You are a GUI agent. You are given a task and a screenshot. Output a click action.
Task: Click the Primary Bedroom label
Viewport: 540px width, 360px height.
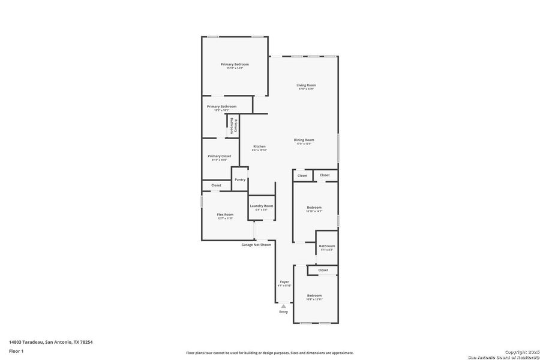[235, 64]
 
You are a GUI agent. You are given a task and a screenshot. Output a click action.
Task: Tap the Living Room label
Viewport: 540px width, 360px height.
[306, 85]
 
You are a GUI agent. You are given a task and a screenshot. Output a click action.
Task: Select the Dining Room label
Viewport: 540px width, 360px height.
[304, 140]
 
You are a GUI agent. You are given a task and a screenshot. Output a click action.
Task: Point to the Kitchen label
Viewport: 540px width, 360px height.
[259, 146]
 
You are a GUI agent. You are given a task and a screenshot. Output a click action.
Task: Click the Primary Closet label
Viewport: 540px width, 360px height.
[219, 156]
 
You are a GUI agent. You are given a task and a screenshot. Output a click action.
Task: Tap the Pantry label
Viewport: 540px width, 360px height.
[240, 179]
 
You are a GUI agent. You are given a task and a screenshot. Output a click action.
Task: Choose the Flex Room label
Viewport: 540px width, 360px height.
[225, 214]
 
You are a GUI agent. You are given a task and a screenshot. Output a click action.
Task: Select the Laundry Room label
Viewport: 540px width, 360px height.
[262, 206]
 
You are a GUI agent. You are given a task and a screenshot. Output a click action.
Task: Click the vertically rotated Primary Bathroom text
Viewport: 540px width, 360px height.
[234, 126]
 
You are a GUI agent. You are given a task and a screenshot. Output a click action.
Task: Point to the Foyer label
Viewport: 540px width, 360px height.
[284, 281]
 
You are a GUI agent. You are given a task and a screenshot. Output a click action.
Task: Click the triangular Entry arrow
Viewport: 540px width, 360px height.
[284, 305]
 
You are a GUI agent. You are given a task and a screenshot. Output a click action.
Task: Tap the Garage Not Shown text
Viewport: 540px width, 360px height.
[256, 245]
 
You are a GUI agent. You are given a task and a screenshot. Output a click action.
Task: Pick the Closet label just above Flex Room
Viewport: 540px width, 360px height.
[216, 185]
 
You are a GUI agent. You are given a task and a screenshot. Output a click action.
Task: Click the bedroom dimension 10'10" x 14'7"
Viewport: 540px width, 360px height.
[314, 211]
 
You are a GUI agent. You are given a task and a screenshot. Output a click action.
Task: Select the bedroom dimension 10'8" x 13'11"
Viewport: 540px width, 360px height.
[314, 299]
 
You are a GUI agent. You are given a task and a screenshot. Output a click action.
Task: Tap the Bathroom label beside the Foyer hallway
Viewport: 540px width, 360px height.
[327, 246]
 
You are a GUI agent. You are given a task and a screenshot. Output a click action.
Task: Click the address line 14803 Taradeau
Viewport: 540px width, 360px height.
[51, 342]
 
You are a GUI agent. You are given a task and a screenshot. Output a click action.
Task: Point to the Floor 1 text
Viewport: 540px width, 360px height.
[16, 350]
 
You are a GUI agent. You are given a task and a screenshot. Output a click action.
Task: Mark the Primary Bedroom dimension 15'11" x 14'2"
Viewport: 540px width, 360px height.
[235, 68]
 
